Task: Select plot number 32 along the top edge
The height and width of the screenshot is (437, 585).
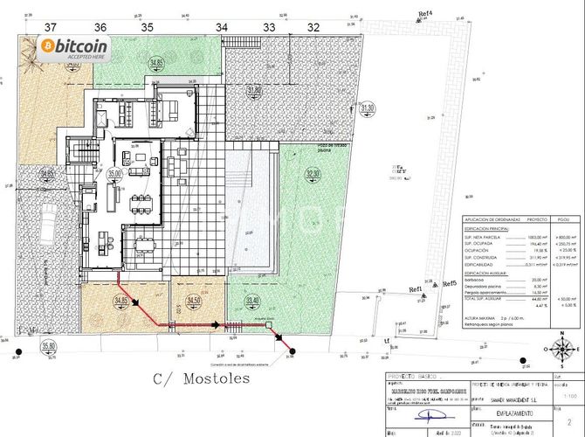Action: pos(313,28)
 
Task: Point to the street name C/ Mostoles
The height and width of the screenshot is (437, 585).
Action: pos(201,379)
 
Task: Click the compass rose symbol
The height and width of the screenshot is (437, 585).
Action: pos(559,350)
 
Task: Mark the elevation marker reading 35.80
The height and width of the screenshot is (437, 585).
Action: pos(49,346)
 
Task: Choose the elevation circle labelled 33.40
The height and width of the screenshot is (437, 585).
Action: pos(253,302)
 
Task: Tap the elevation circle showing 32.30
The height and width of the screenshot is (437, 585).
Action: pos(313,175)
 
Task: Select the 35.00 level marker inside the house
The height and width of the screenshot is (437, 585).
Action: pos(114,174)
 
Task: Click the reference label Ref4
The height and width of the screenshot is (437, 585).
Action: pos(426,14)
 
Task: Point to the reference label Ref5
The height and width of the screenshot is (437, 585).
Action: pos(450,284)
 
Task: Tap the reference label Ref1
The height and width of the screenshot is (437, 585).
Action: pos(415,289)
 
